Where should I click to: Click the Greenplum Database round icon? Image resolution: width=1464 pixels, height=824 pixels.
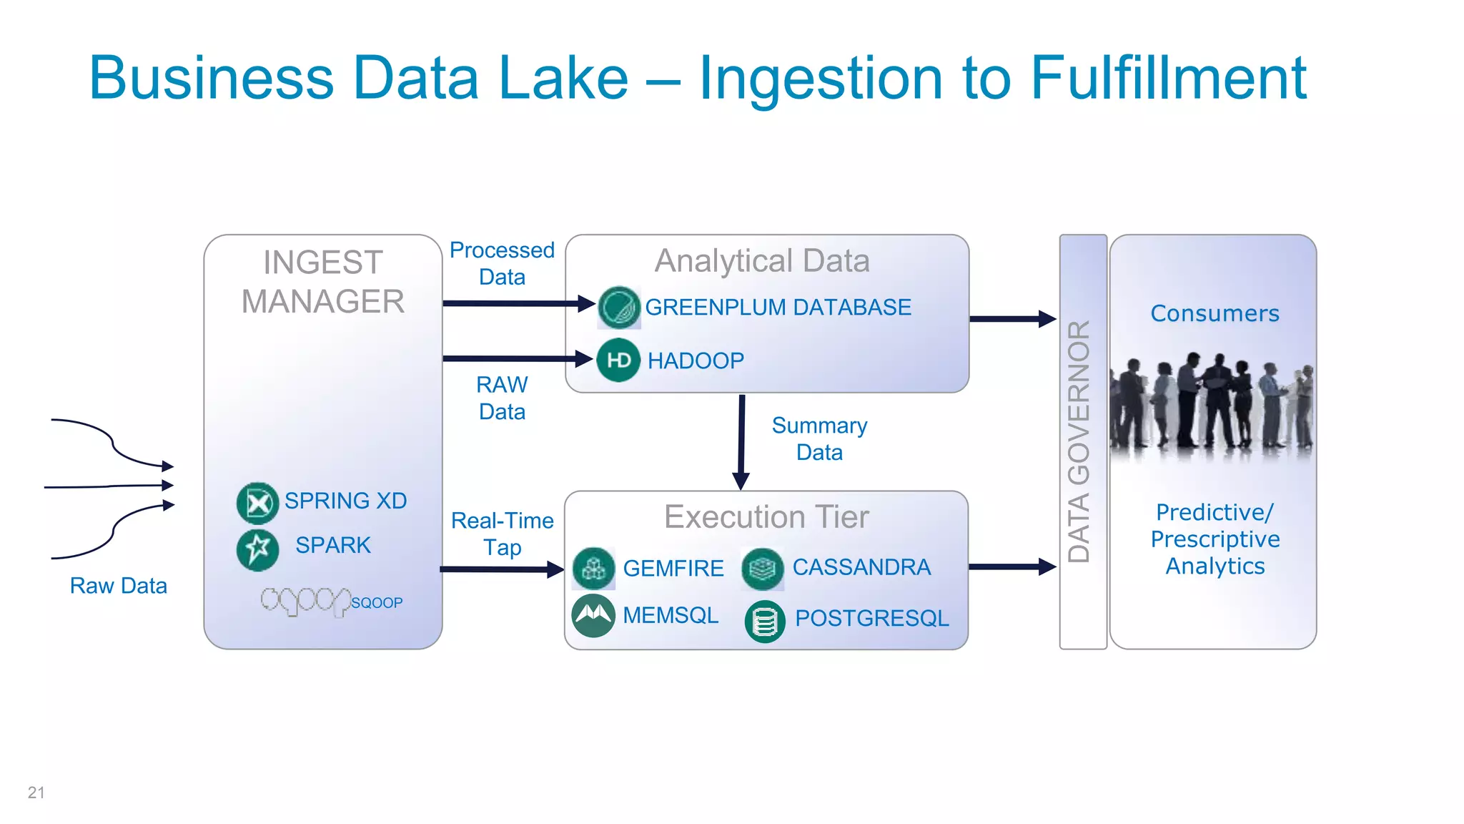click(x=618, y=308)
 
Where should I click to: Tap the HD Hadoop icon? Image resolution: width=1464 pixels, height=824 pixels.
click(x=618, y=360)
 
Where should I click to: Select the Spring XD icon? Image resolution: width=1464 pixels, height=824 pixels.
click(x=257, y=503)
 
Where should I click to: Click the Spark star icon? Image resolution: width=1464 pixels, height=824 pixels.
click(x=257, y=549)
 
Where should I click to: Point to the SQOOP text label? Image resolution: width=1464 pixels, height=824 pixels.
click(x=377, y=603)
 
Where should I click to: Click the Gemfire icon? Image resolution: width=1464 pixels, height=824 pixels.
click(x=593, y=569)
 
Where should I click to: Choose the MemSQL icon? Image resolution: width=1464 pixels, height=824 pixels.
click(x=593, y=615)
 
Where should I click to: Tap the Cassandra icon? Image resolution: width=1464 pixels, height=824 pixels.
click(x=763, y=569)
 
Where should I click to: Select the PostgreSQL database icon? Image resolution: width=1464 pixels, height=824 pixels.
click(x=765, y=621)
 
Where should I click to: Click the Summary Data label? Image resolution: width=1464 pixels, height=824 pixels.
click(x=819, y=438)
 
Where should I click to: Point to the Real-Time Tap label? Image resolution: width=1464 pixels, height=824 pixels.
click(x=502, y=534)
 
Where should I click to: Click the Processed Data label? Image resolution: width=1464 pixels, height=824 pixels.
click(x=502, y=263)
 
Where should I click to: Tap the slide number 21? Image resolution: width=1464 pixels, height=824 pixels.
click(x=36, y=793)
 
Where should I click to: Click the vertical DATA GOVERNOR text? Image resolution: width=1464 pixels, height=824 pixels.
click(x=1079, y=441)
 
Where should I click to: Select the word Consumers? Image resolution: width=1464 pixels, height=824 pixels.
click(x=1215, y=313)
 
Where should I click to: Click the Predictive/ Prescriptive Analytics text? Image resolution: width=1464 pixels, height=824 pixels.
click(x=1215, y=539)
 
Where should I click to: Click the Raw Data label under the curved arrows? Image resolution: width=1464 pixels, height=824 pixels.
click(x=118, y=586)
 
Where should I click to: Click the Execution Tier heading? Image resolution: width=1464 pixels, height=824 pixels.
click(x=766, y=516)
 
